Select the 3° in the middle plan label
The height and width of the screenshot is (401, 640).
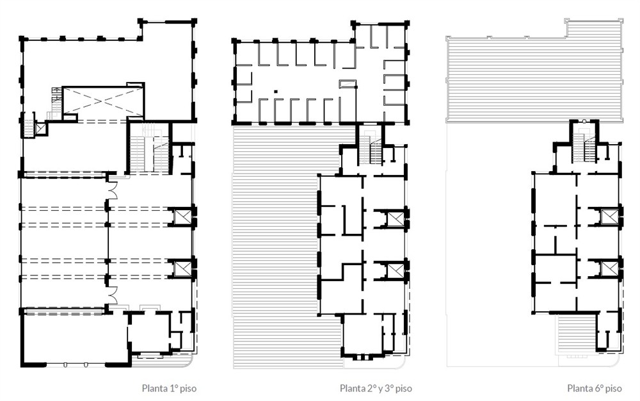(x=390, y=388)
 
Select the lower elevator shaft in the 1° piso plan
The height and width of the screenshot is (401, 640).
(x=182, y=268)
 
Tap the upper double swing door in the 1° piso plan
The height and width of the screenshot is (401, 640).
(x=113, y=190)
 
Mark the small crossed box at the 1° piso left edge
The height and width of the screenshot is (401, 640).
(x=40, y=129)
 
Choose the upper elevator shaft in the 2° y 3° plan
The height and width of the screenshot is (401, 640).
(x=394, y=218)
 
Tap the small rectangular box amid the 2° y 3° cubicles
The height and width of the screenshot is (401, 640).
(x=348, y=84)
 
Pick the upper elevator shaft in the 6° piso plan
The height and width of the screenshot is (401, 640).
(x=608, y=217)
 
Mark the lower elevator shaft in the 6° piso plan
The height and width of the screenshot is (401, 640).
(x=608, y=268)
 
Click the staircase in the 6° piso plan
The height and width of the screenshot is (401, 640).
(x=584, y=146)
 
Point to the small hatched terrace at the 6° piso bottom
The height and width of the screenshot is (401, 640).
(x=577, y=333)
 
